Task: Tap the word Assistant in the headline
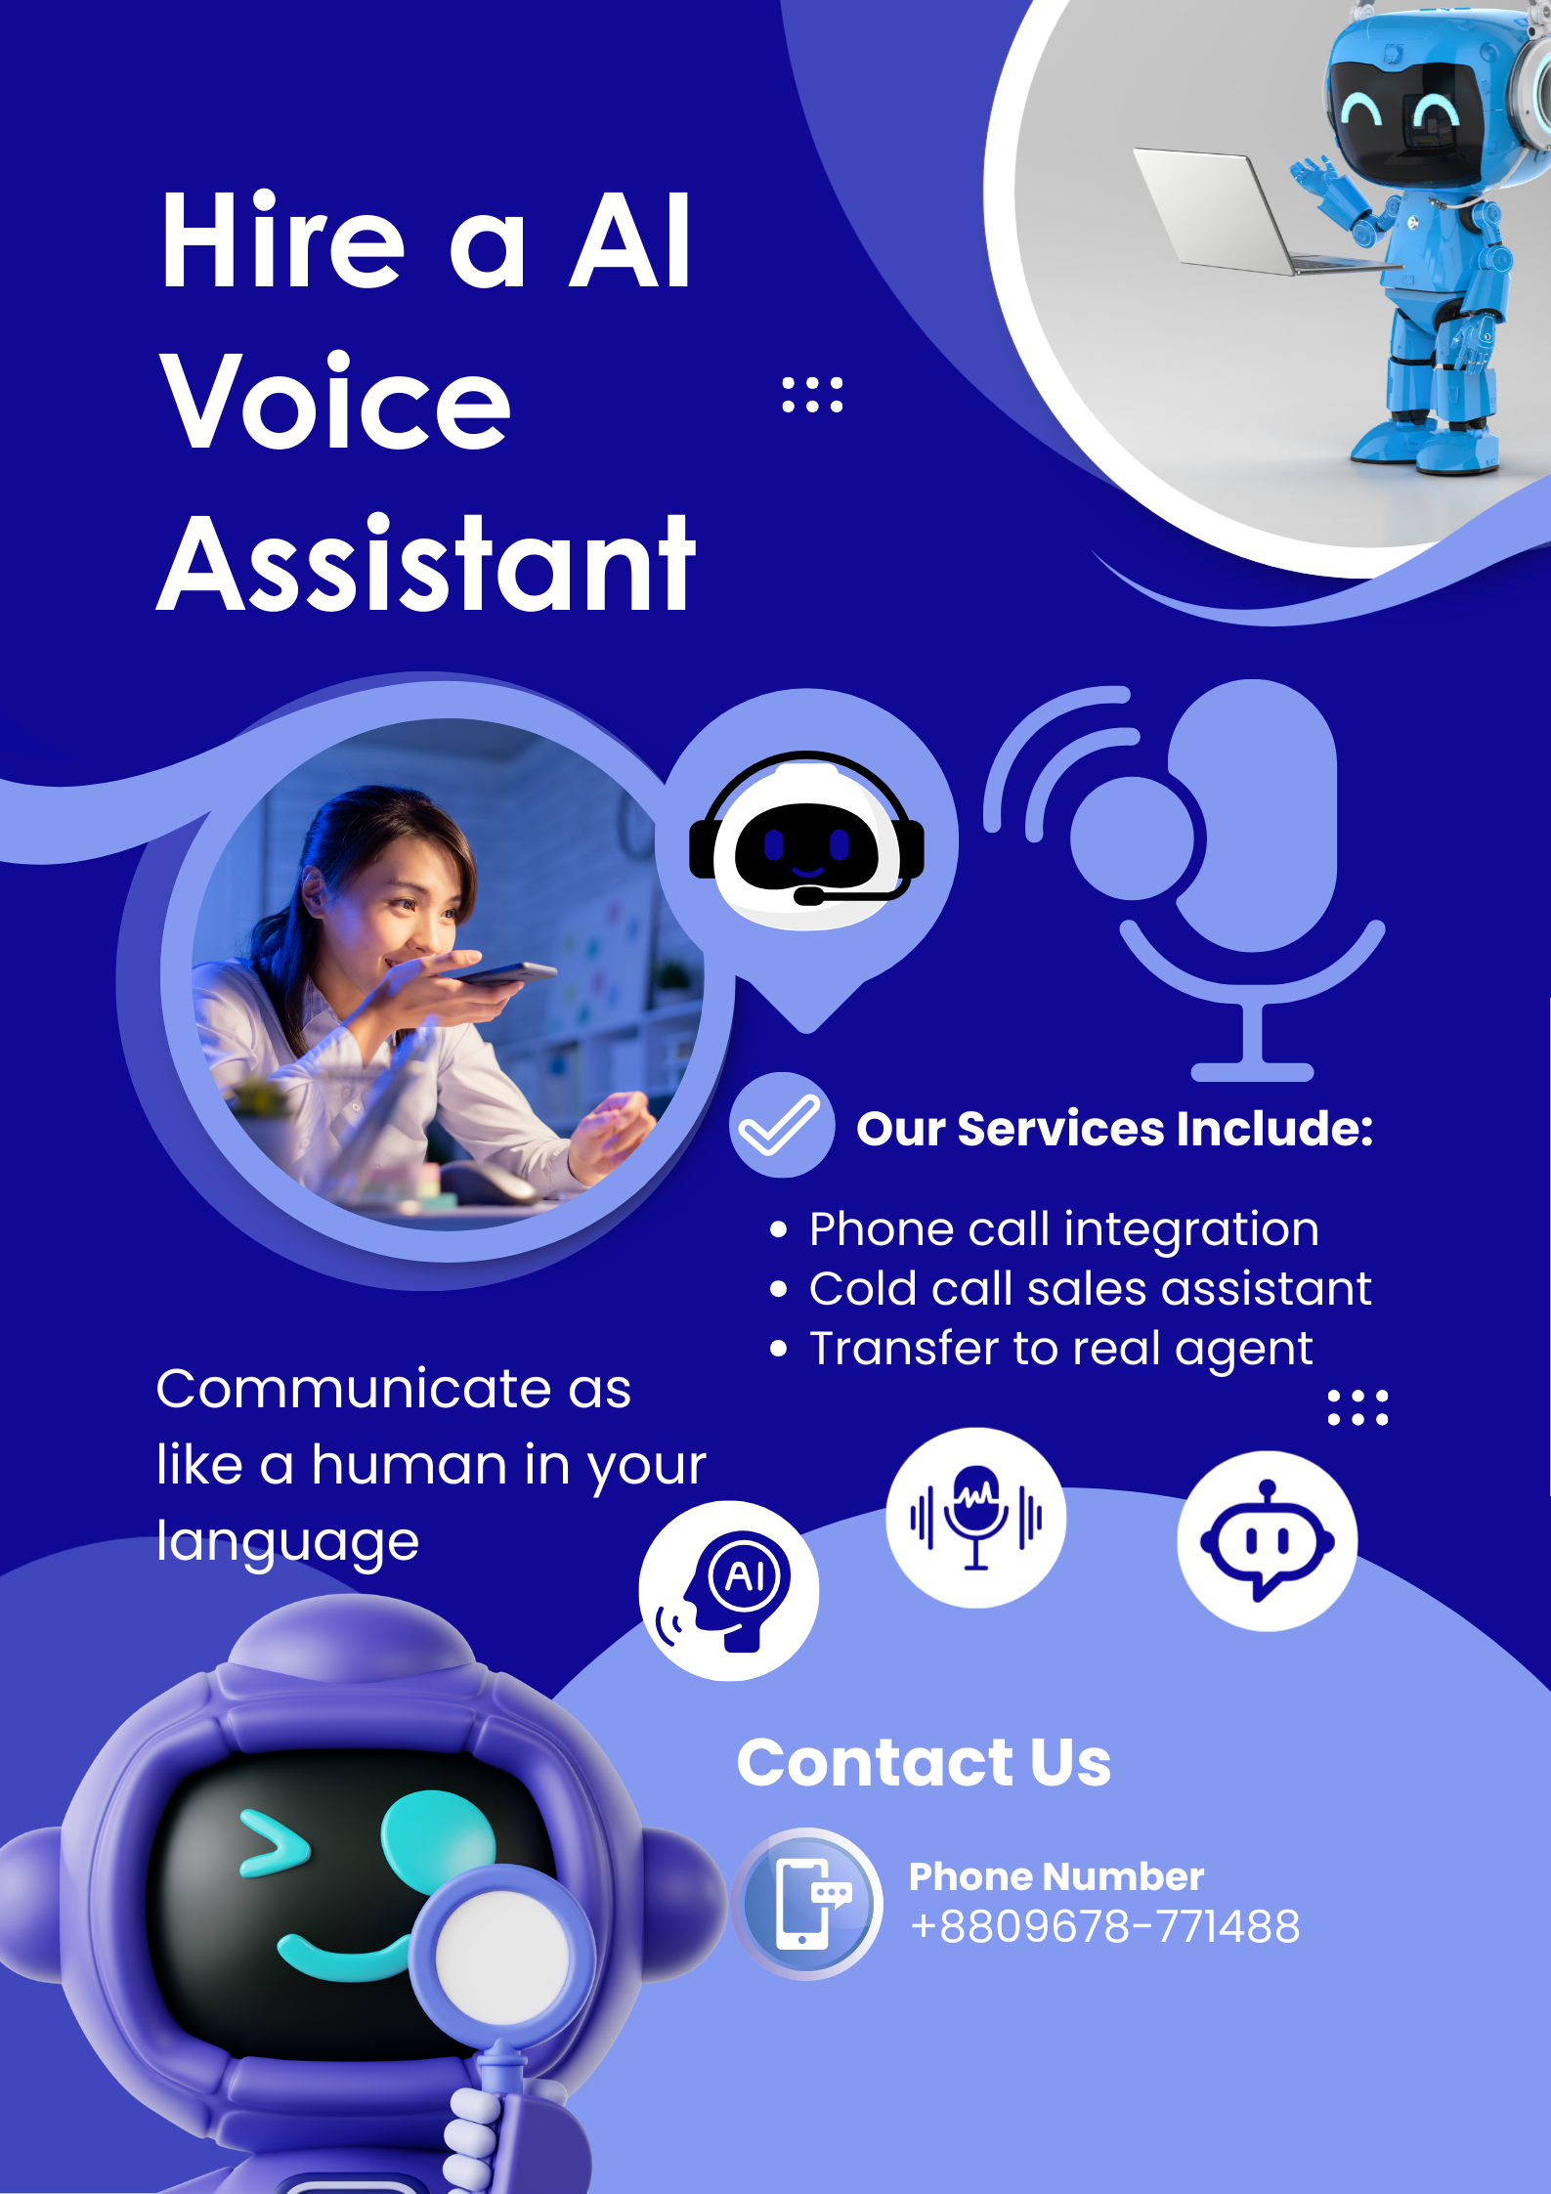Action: click(426, 565)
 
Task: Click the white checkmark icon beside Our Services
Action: click(780, 1125)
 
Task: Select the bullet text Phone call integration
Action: click(1063, 1229)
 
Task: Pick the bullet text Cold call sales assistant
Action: click(1090, 1289)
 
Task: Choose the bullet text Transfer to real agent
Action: click(1060, 1349)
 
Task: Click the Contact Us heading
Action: click(924, 1762)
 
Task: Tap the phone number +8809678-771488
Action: click(1104, 1926)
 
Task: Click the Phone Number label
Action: click(1056, 1876)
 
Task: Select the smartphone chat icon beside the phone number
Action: click(807, 1904)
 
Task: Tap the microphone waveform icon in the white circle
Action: click(975, 1518)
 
